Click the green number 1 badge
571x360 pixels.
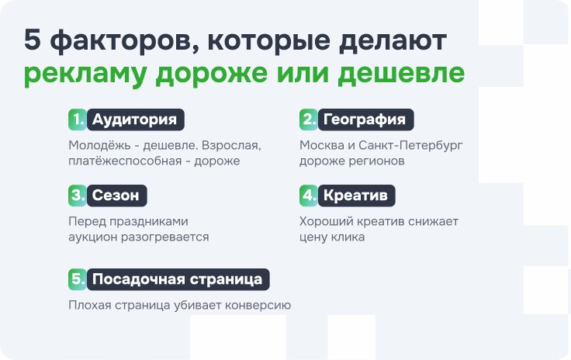78,119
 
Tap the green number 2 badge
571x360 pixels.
309,119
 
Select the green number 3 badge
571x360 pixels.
78,196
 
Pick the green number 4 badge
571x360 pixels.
309,196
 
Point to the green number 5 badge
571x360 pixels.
78,279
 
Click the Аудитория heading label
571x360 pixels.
136,119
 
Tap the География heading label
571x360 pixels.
366,119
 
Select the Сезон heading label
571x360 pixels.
117,196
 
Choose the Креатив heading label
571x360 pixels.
357,196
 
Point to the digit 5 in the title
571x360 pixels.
33,40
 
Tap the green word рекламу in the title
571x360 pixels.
85,74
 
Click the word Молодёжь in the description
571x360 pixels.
99,145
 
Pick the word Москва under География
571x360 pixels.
322,145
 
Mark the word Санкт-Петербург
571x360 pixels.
410,146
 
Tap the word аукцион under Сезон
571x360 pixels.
92,237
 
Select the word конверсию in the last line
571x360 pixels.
258,306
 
